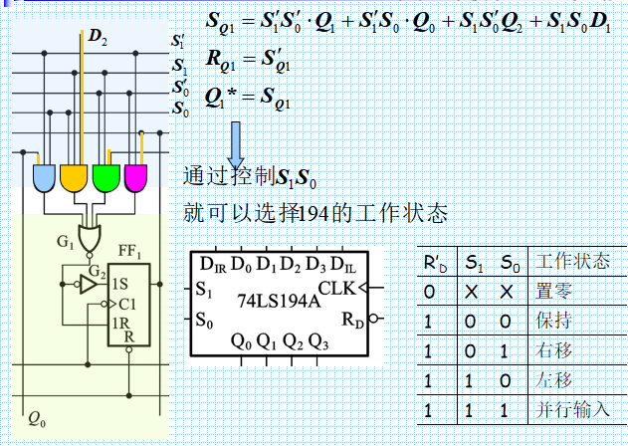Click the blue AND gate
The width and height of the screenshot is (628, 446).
[x=46, y=179]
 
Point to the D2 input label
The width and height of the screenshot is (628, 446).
[x=98, y=37]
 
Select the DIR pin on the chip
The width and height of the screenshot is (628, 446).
[x=213, y=265]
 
